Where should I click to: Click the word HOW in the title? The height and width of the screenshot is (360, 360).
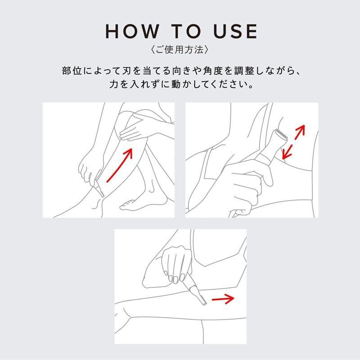click(x=132, y=31)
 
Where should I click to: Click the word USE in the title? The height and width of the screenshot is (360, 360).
click(x=235, y=31)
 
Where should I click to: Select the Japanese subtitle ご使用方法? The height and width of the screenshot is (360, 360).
click(x=180, y=50)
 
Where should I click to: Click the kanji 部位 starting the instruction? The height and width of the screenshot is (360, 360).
click(x=72, y=71)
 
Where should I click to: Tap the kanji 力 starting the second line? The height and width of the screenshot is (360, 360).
click(x=113, y=85)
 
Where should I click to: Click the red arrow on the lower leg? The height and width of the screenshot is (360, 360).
click(x=120, y=165)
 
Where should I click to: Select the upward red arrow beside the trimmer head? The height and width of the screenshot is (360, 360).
click(x=300, y=132)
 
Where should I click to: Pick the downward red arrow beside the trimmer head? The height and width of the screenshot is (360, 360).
click(x=287, y=152)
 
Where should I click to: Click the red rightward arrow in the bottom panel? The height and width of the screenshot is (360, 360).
click(x=223, y=298)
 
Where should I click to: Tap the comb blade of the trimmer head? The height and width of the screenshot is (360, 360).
click(x=282, y=134)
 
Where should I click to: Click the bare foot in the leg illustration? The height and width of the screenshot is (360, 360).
click(x=142, y=203)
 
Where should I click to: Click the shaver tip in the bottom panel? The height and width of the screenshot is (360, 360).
click(x=200, y=299)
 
